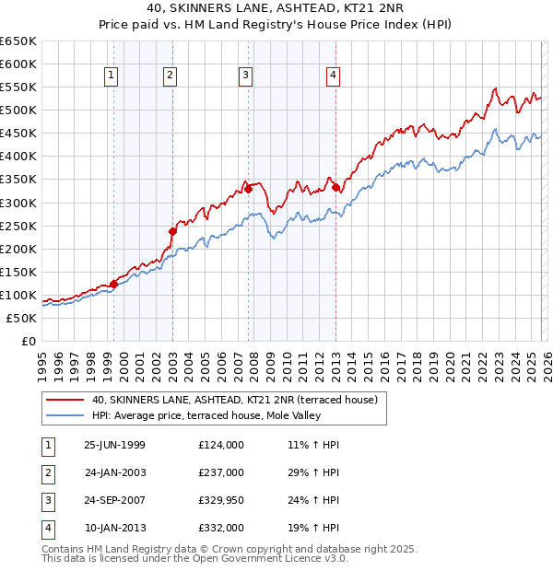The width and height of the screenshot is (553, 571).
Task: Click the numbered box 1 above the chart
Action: tap(112, 76)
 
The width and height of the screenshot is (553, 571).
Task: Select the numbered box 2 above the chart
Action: tap(171, 76)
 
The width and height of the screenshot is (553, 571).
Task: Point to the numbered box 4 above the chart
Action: tap(332, 76)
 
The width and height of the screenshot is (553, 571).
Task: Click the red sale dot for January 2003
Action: tap(172, 231)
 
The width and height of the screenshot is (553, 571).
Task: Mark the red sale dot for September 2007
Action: tap(248, 189)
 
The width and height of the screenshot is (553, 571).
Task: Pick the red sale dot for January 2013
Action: tap(335, 188)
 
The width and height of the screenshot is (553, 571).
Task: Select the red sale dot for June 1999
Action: tap(114, 284)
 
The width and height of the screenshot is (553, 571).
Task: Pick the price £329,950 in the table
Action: tap(220, 502)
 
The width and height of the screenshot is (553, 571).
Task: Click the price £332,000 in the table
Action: tap(220, 529)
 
